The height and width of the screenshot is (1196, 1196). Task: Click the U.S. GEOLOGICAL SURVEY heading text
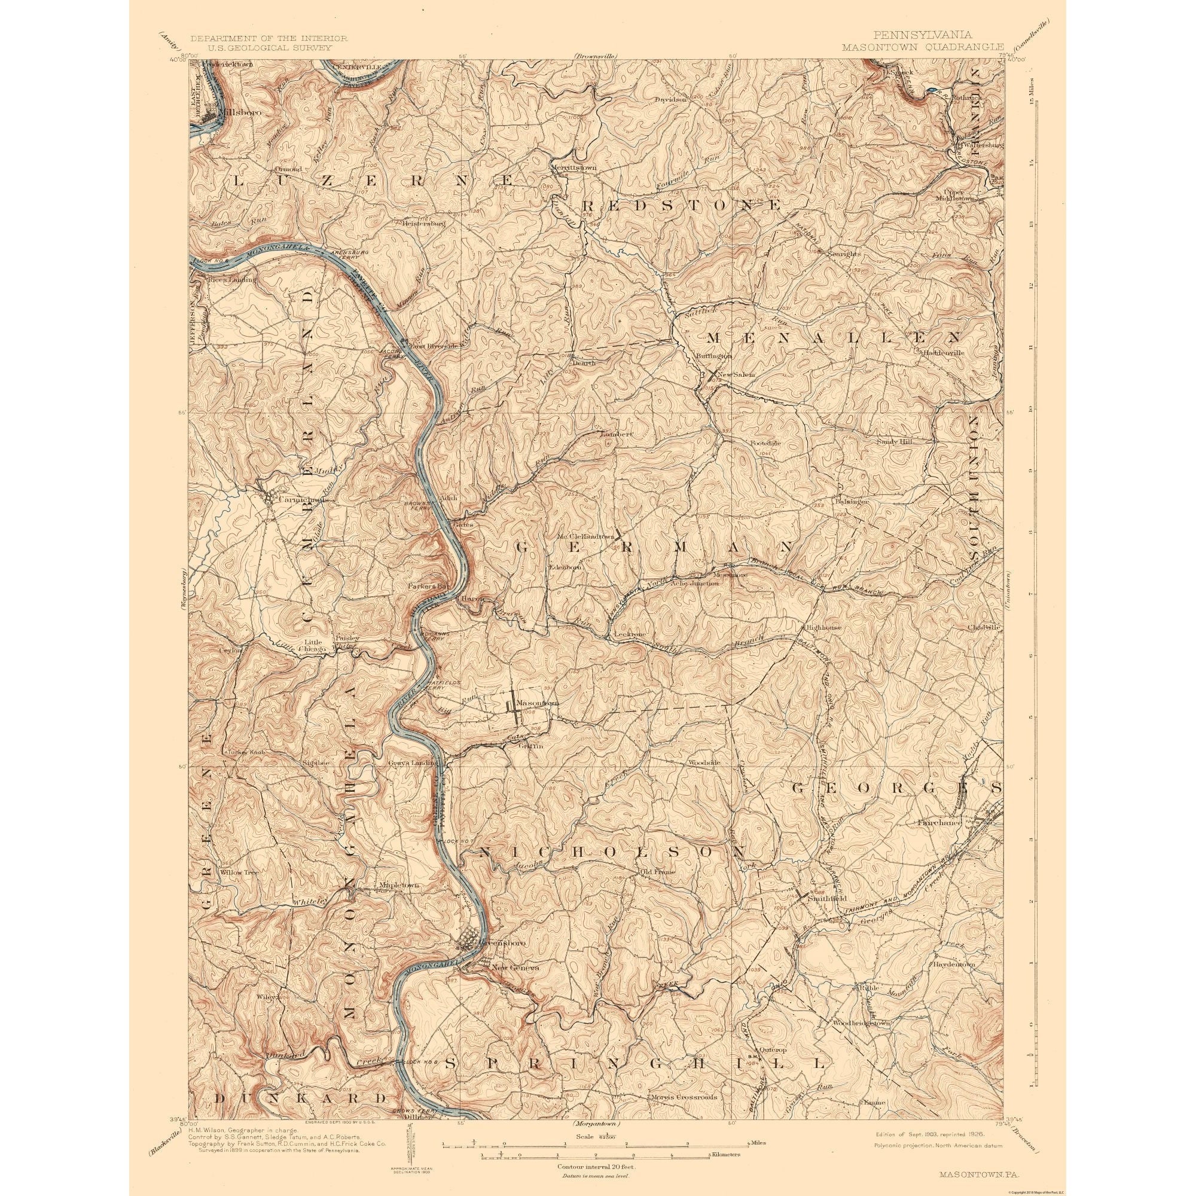[x=267, y=47]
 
